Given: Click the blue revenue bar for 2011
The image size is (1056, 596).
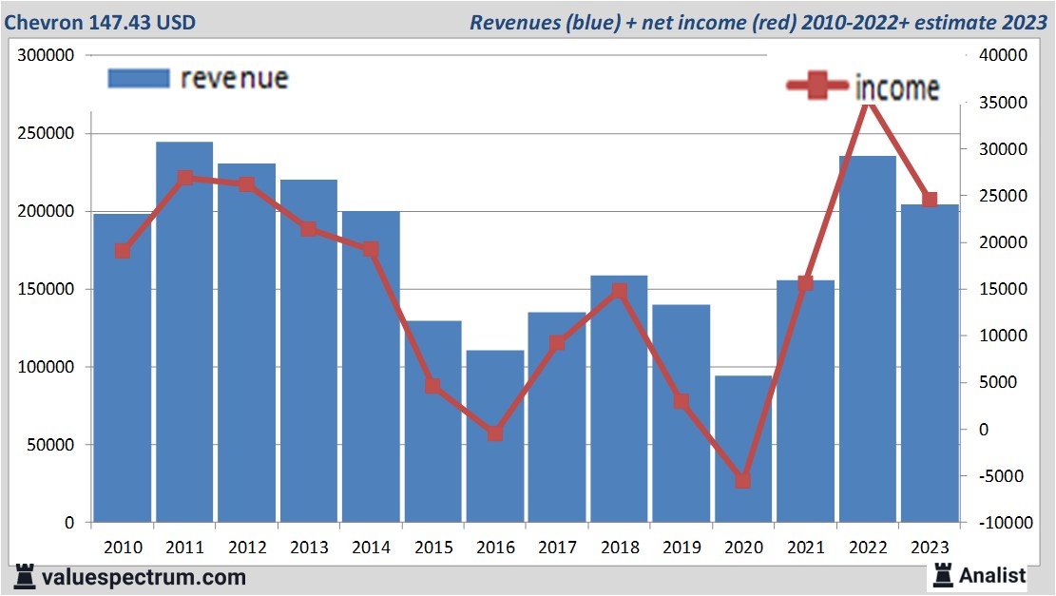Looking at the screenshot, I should tap(184, 333).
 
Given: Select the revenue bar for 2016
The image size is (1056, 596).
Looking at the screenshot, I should tap(495, 436).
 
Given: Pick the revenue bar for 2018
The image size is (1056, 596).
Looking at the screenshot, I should tap(619, 399).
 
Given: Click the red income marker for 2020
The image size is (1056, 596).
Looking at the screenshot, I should tap(743, 481).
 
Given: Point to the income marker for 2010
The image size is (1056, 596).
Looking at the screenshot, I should tap(123, 251).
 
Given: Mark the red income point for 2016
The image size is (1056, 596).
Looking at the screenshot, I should tap(495, 433).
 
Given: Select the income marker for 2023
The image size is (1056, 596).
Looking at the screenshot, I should tap(930, 200).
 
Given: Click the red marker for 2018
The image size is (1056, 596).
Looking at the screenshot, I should tap(619, 291).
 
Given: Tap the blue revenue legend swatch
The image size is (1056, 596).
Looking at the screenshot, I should tap(139, 79).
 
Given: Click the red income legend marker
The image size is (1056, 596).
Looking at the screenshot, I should tap(816, 87).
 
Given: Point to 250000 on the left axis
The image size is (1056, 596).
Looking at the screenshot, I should tap(48, 134).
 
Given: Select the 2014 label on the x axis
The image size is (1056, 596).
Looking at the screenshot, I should tap(371, 548).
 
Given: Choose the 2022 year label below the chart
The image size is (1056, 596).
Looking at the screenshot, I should tap(868, 548).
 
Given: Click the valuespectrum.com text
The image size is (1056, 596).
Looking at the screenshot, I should tap(143, 576).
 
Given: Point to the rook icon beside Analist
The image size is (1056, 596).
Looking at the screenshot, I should tap(944, 574).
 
